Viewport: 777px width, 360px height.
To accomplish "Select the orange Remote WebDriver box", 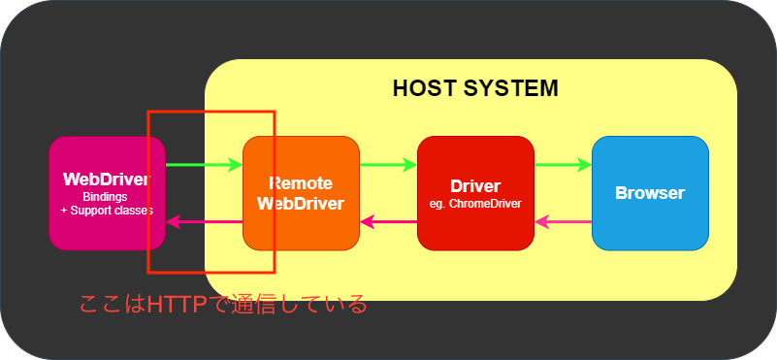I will click(x=301, y=193).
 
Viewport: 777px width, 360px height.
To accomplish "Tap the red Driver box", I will click(x=475, y=193).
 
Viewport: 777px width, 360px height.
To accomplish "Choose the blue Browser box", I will click(x=650, y=193).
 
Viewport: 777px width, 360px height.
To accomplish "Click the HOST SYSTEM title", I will click(x=475, y=89).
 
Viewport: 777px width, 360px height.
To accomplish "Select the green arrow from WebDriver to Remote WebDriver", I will click(x=204, y=165).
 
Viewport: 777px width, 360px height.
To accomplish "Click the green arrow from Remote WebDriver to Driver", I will click(x=388, y=165).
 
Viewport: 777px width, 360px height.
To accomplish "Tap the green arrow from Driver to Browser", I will click(x=563, y=165).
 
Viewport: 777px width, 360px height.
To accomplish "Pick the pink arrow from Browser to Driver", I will click(x=563, y=222).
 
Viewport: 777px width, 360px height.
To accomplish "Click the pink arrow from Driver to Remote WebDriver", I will click(x=388, y=222).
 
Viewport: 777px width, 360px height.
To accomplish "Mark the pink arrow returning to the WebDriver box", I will click(x=204, y=222).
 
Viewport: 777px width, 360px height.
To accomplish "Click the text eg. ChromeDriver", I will click(x=475, y=204).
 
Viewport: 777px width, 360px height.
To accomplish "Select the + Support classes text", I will click(x=106, y=210).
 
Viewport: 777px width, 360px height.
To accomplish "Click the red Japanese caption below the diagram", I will click(x=223, y=304).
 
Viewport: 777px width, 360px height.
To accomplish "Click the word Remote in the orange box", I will click(x=301, y=183).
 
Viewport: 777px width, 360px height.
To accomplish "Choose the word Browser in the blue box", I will click(x=650, y=193).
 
